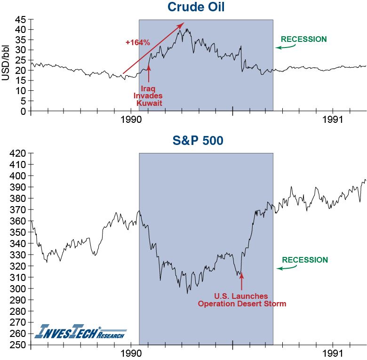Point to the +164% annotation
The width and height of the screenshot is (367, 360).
click(x=137, y=43)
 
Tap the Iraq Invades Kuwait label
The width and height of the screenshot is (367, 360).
click(x=149, y=96)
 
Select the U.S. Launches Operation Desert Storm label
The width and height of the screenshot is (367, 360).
click(x=242, y=300)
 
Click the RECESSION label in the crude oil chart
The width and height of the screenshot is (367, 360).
click(x=303, y=39)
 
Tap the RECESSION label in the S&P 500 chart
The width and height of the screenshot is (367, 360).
click(x=305, y=260)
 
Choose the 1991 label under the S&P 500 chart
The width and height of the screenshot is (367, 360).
click(x=333, y=353)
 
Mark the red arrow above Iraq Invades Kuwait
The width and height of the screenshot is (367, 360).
click(x=149, y=74)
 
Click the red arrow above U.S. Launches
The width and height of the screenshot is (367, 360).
click(x=242, y=281)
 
